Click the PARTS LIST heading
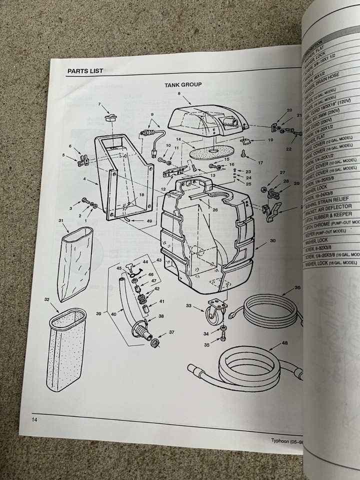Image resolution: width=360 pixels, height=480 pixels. click(85, 71)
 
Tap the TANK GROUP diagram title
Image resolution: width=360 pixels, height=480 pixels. click(183, 84)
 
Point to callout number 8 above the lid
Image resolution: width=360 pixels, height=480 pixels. click(178, 93)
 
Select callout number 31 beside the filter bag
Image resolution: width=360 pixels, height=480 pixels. click(60, 220)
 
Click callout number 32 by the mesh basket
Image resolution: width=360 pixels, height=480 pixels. click(46, 300)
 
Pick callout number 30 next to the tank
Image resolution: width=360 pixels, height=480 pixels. click(272, 241)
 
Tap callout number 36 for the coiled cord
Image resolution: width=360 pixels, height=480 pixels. click(297, 287)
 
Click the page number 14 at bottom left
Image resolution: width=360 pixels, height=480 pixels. click(34, 418)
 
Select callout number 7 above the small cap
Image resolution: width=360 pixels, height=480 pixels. click(99, 104)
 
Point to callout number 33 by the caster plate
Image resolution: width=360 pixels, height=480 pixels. click(188, 305)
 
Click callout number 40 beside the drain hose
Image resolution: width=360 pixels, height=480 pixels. click(114, 313)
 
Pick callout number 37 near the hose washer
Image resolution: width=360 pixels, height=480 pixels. click(171, 332)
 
